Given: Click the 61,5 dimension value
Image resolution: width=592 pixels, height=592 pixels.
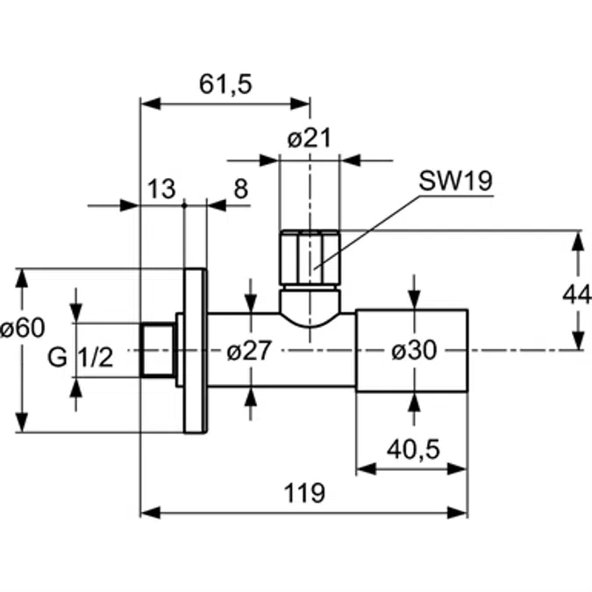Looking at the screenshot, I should point(225,84).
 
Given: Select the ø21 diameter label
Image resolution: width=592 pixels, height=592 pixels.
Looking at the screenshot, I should point(309,139).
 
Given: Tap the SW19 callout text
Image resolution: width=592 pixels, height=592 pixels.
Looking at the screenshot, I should point(455,181).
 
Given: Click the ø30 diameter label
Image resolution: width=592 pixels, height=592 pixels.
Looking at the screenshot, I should point(413,351).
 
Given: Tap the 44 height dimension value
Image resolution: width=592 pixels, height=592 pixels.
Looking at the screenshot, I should point(577,294).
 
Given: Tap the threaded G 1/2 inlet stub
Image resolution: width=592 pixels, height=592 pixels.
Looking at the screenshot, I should point(157,350).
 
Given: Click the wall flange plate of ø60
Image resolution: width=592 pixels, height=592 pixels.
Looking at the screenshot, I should point(195,350).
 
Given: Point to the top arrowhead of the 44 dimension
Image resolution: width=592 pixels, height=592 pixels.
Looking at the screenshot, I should point(578,237).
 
